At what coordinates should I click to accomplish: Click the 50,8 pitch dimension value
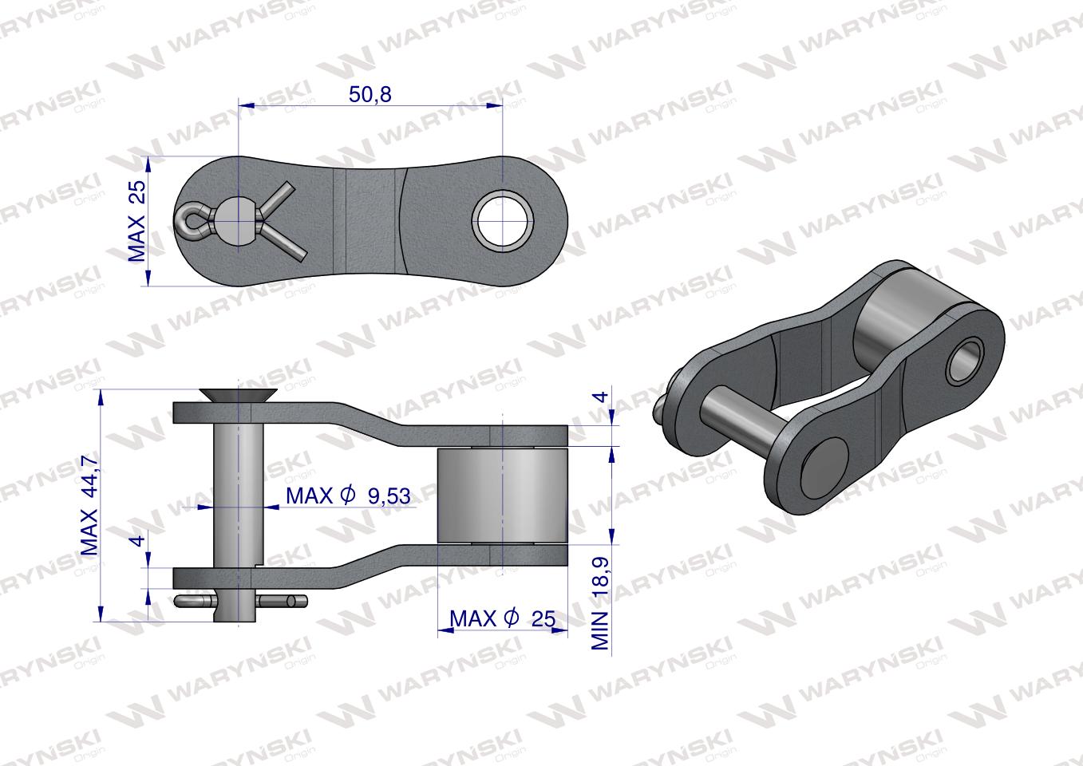[x=370, y=94]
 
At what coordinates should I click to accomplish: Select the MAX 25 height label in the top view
[x=136, y=221]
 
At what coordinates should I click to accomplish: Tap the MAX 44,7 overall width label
[x=89, y=504]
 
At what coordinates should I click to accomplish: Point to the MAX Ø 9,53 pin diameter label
[x=348, y=496]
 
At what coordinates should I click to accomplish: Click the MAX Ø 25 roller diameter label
[x=502, y=618]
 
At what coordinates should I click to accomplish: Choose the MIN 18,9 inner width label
[x=599, y=602]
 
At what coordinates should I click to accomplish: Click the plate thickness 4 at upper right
[x=600, y=397]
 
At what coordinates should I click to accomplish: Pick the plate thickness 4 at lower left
[x=138, y=540]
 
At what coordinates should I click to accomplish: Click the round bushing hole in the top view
[x=503, y=220]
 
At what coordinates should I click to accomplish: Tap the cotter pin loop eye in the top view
[x=189, y=220]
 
